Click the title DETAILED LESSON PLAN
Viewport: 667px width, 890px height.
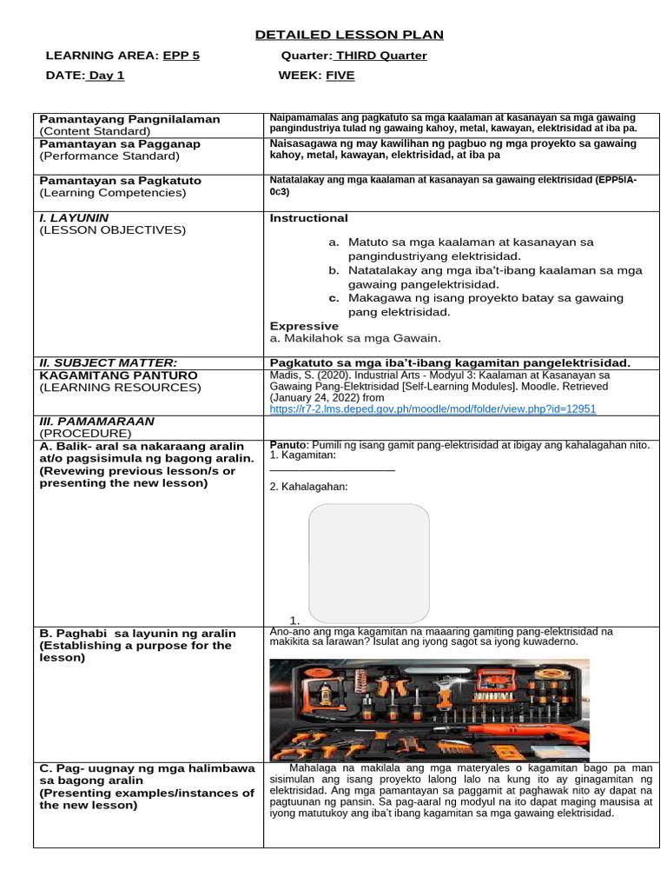coord(349,35)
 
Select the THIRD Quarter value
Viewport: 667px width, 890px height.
coord(381,56)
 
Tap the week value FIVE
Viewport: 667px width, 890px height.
coord(340,76)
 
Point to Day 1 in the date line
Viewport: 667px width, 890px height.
coord(106,76)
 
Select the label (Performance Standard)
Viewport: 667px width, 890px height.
coord(109,156)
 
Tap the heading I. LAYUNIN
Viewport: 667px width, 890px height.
coord(75,217)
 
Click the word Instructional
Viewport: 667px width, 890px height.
coord(308,218)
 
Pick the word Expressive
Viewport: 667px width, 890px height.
coord(304,326)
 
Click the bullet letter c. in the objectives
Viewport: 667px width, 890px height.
coord(333,298)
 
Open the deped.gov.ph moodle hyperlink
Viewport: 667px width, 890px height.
coord(433,408)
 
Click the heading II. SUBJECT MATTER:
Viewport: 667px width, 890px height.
coord(109,362)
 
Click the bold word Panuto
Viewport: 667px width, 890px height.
coord(288,445)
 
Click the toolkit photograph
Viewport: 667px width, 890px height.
coord(429,709)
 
